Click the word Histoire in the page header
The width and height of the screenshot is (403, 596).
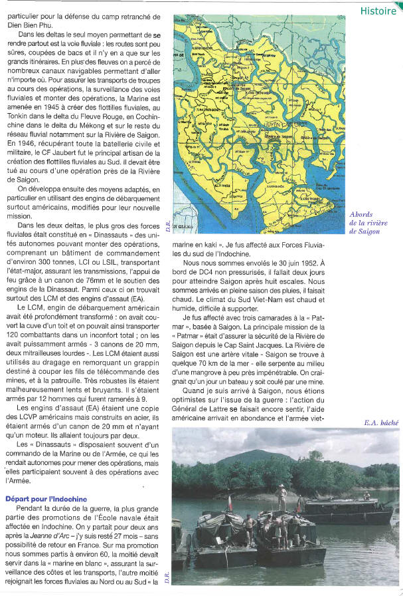click(378, 11)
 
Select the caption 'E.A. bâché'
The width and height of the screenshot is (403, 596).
click(380, 422)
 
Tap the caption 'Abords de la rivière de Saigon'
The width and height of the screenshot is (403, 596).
click(368, 223)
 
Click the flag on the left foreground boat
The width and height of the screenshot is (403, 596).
click(230, 500)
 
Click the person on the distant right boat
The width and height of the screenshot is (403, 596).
click(366, 496)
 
